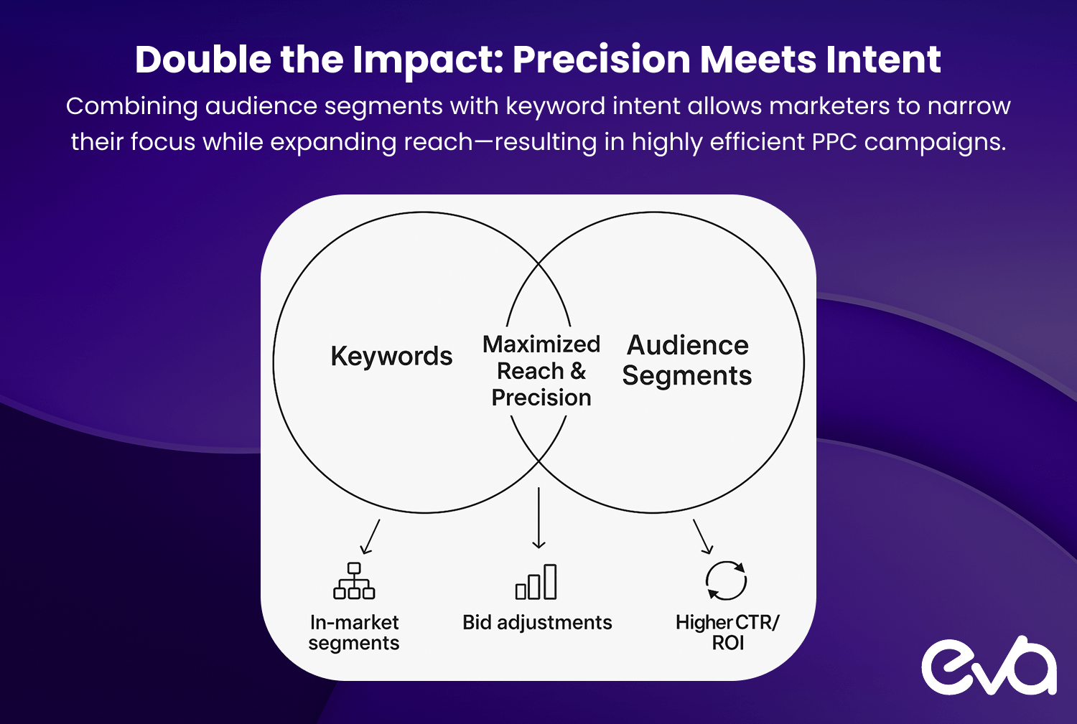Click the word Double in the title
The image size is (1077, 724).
203,60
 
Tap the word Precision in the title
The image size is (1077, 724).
602,60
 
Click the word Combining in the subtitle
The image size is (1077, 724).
131,107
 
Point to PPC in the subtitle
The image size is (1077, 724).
834,142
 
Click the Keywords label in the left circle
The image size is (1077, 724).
391,357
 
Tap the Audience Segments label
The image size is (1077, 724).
687,360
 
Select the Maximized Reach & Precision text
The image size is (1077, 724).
541,371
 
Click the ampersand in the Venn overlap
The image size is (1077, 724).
578,371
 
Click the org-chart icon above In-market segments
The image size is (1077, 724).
354,580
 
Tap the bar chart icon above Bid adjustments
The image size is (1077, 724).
536,582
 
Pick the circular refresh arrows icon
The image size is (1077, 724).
726,580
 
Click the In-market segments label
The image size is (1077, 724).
354,633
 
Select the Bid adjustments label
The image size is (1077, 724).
537,623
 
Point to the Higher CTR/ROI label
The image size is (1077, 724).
727,632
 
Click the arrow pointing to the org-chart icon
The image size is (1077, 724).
370,537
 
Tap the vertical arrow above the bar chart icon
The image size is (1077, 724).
538,518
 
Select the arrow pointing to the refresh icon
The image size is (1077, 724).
703,537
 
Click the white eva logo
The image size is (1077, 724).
989,665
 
